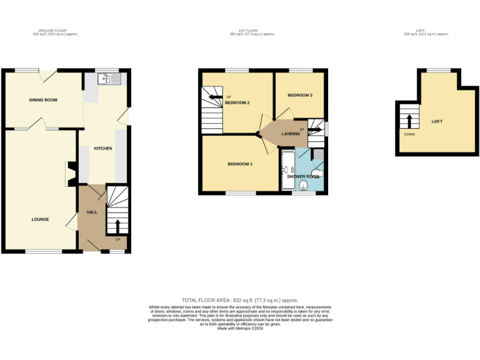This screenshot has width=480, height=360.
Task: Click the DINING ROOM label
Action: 42,100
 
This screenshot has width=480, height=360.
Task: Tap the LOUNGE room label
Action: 41,219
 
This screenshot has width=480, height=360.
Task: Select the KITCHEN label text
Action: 103,148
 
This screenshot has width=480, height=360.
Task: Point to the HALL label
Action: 92,212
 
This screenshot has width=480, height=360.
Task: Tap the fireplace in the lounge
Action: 71,174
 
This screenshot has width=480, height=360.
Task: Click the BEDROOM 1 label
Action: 239,164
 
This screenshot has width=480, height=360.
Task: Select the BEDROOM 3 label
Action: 299,95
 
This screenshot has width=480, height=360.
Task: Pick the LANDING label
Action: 291,134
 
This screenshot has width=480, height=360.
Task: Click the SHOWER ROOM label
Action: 302,176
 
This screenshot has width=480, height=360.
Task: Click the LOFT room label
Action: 436,121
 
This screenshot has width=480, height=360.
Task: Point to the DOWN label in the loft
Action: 409,134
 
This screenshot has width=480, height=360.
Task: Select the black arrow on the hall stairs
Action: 117,224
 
